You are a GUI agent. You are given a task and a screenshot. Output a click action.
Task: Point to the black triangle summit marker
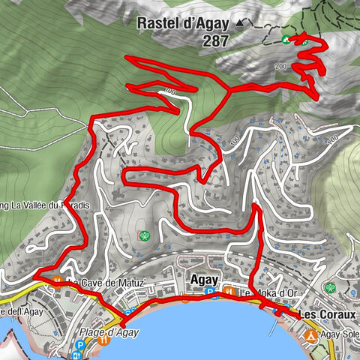240,24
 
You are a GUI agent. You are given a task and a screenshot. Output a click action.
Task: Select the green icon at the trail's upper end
286,39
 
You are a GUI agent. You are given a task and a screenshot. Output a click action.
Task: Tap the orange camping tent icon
310,335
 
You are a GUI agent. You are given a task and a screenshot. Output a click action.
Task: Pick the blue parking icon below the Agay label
211,292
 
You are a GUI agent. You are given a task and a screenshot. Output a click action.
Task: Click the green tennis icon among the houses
145,235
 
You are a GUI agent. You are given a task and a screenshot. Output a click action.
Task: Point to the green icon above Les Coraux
328,286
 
